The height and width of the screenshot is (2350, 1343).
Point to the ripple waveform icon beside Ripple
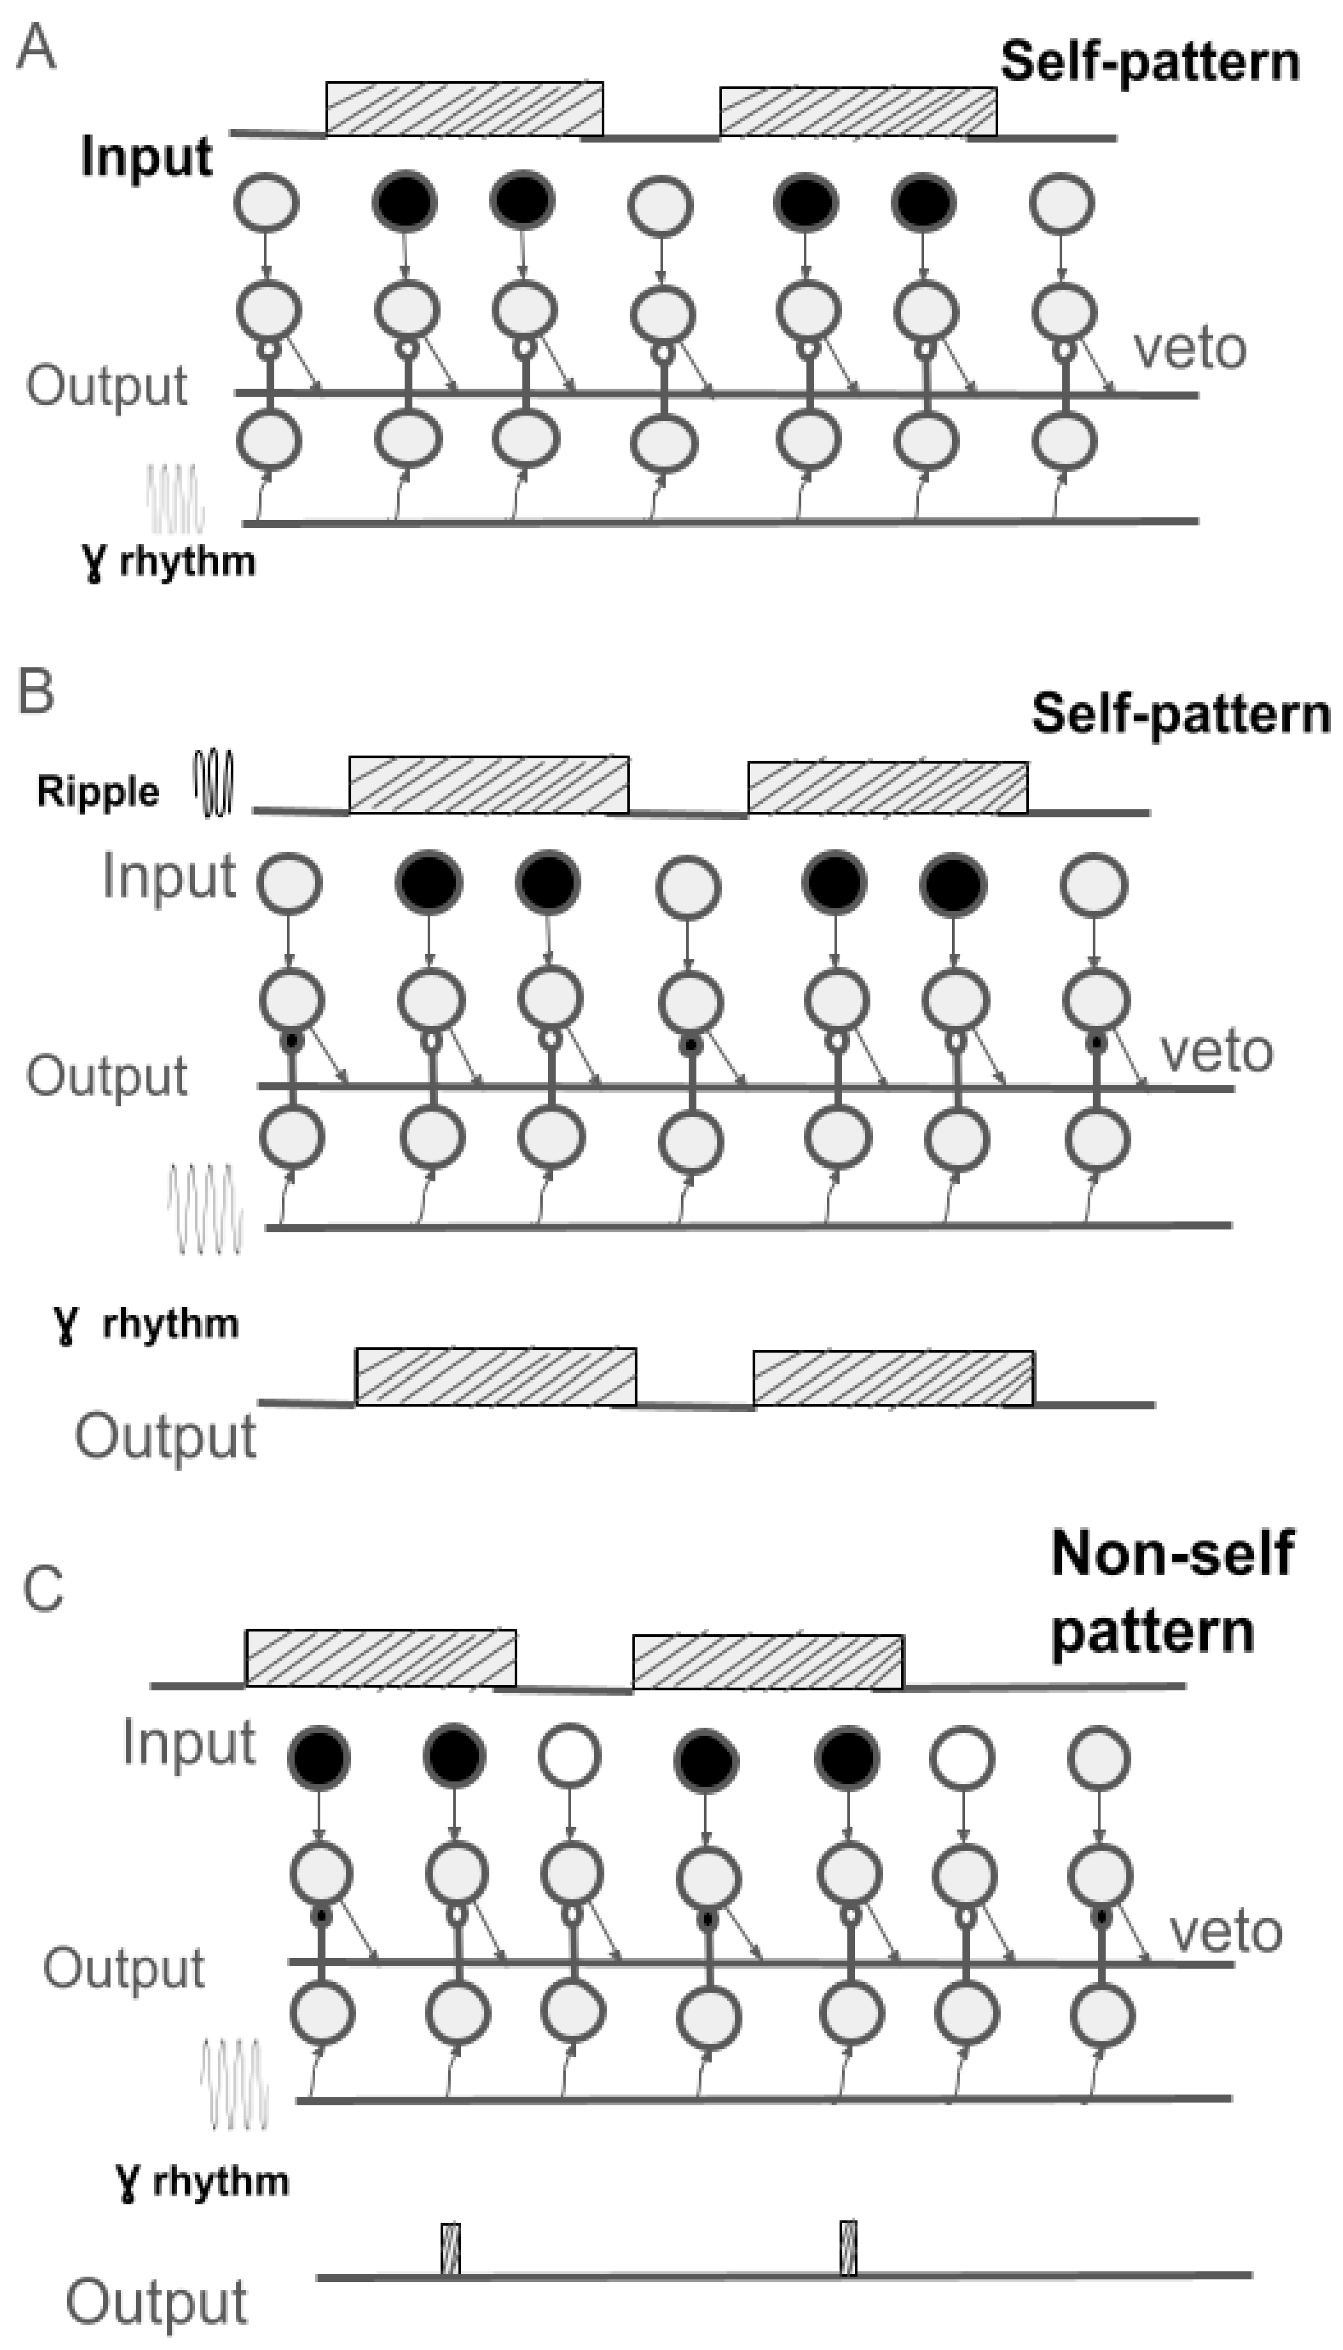[x=213, y=784]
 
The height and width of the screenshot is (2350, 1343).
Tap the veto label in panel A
[x=1190, y=349]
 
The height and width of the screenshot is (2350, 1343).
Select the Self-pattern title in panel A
[x=1149, y=62]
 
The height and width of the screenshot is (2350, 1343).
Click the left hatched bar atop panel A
[x=464, y=109]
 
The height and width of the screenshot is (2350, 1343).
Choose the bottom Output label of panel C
[x=157, y=2302]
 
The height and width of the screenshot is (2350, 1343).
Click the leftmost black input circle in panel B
[x=428, y=883]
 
